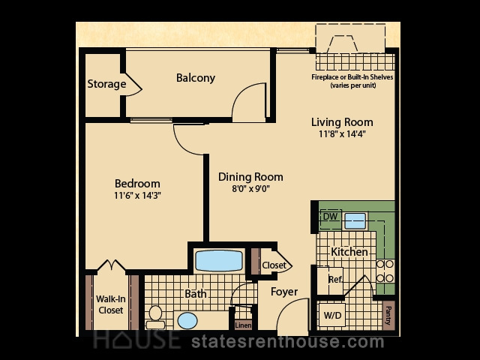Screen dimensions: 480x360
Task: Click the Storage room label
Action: click(x=106, y=84)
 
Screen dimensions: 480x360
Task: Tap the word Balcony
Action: click(x=196, y=78)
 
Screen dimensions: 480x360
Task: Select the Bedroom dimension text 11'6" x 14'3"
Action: click(x=137, y=195)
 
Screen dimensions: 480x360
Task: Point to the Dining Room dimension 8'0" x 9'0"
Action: click(x=250, y=188)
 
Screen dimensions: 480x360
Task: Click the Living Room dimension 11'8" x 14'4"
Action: click(x=342, y=133)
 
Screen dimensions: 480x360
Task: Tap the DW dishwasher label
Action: click(x=330, y=217)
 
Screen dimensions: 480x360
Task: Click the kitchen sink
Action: click(x=355, y=220)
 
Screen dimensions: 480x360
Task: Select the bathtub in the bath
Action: click(x=219, y=261)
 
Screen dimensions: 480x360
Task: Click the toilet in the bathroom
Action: click(x=155, y=317)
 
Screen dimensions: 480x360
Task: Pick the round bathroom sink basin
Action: click(x=187, y=321)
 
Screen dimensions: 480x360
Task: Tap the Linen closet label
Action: click(x=243, y=325)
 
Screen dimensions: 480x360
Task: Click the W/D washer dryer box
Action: click(x=332, y=315)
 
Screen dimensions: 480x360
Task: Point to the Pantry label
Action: click(x=388, y=316)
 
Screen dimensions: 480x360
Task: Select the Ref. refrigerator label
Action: click(x=335, y=279)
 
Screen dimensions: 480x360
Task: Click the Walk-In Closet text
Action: click(x=110, y=304)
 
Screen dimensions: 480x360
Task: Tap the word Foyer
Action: click(x=284, y=292)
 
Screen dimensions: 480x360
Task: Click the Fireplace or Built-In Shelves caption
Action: click(x=352, y=81)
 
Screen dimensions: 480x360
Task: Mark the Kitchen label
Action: click(x=349, y=252)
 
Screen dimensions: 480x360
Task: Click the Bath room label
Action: click(x=196, y=294)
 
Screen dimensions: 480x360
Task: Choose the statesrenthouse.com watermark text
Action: click(x=288, y=342)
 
